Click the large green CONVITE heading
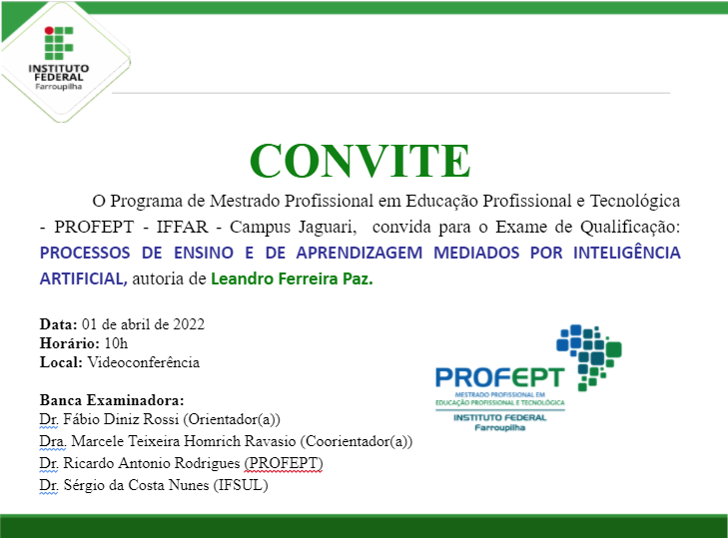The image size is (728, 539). pos(360,160)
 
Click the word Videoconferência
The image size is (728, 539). pos(144,362)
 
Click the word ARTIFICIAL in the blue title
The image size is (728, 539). pos(83,280)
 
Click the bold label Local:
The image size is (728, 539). pos(60,362)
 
